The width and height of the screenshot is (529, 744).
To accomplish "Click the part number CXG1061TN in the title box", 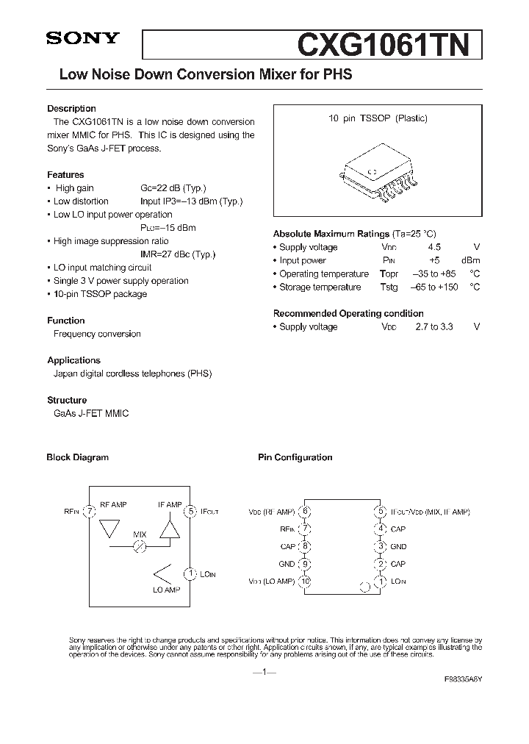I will coord(383,45).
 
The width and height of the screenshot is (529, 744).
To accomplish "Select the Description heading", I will coord(71,108).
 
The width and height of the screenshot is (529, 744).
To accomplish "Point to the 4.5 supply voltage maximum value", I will coord(434,248).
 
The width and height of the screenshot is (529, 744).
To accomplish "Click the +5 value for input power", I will coord(434,261).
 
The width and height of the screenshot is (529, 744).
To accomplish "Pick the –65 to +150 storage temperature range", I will coord(434,287).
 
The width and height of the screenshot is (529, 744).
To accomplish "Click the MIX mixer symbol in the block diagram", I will coord(140,546).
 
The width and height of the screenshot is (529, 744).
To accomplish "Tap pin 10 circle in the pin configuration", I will coord(306,582).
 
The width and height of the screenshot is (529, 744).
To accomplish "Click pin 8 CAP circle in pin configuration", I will coord(306,546).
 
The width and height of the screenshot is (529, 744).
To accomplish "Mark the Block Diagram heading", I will coord(77,457).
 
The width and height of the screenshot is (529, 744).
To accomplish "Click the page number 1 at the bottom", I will coord(264,672).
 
